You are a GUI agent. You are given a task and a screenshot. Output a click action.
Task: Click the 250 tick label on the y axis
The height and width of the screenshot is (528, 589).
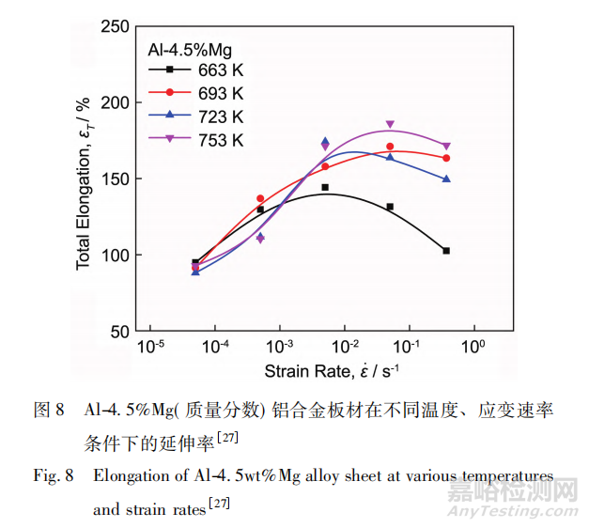(x=114, y=25)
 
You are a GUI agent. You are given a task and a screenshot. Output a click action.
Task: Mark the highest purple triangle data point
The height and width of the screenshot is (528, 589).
(x=390, y=124)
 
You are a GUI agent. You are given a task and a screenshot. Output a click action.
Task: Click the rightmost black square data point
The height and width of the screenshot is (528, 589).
(x=446, y=251)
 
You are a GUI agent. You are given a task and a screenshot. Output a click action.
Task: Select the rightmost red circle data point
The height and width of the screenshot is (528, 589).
(x=446, y=158)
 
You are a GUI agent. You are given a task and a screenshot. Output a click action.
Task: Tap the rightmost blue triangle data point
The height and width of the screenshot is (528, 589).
(x=446, y=179)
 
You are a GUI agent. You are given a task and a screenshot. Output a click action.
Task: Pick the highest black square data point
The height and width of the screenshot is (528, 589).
(x=325, y=188)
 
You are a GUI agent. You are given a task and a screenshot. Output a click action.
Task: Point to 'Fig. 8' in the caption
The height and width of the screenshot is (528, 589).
(x=53, y=476)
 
